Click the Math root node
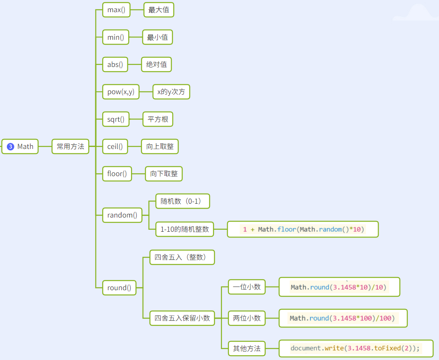25,147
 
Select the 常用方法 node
70,147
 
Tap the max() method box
116,10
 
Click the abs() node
115,65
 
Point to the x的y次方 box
171,92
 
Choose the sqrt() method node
116,119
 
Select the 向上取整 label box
160,147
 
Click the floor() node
117,174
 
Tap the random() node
122,215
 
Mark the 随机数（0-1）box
183,201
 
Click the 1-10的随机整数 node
185,229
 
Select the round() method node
119,288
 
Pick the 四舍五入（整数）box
182,257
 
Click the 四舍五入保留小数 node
182,318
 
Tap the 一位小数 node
247,287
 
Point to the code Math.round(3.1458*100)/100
343,318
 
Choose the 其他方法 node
247,348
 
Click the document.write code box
356,348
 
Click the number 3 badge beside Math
11,147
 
